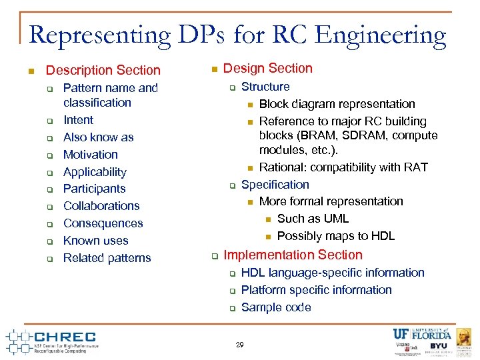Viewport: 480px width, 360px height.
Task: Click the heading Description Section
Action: pyautogui.click(x=103, y=70)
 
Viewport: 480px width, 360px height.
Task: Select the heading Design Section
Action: pyautogui.click(x=267, y=68)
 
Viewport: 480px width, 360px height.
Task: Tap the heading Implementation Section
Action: pyautogui.click(x=293, y=255)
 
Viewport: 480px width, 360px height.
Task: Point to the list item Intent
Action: pyautogui.click(x=78, y=120)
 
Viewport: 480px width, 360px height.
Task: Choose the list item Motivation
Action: pyautogui.click(x=90, y=155)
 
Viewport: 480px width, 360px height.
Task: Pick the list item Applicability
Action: pyautogui.click(x=94, y=172)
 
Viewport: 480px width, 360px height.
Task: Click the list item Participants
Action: pyautogui.click(x=94, y=189)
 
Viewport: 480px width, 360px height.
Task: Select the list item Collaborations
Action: pyautogui.click(x=101, y=206)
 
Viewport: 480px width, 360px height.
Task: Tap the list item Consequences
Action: pyautogui.click(x=103, y=223)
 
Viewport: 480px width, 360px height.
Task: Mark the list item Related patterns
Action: pyautogui.click(x=107, y=258)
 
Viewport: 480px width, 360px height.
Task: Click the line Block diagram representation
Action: pyautogui.click(x=337, y=104)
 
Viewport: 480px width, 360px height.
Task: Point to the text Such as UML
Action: pyautogui.click(x=313, y=219)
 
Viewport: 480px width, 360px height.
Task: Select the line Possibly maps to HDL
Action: pyautogui.click(x=335, y=236)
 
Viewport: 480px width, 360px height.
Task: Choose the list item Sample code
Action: pyautogui.click(x=276, y=307)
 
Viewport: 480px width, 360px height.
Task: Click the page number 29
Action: pyautogui.click(x=240, y=345)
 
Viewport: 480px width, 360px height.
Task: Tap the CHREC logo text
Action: pyautogui.click(x=64, y=337)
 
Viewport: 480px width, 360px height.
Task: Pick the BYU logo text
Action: pyautogui.click(x=438, y=347)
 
